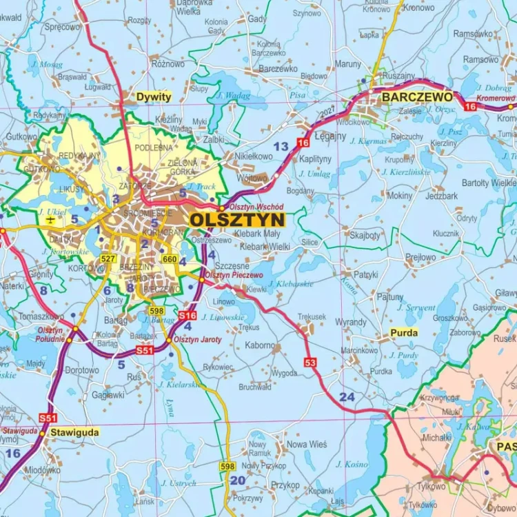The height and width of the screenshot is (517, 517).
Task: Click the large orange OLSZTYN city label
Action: [x=236, y=219]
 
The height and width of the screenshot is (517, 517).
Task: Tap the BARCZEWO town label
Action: [x=417, y=97]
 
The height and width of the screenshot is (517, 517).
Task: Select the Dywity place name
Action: [x=153, y=97]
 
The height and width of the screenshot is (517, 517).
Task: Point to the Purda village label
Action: [x=404, y=332]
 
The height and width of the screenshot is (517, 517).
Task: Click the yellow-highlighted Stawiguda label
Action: [x=74, y=433]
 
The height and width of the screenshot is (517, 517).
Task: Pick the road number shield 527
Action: [x=107, y=258]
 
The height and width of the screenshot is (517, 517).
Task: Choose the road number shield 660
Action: [x=170, y=258]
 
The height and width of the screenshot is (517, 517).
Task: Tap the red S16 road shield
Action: [x=187, y=315]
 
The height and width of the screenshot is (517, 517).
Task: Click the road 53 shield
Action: [x=310, y=363]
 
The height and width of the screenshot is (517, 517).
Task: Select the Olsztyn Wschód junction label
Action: [x=256, y=206]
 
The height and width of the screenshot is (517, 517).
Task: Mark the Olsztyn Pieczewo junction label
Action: [x=236, y=275]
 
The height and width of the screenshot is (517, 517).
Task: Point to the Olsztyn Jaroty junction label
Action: [x=198, y=340]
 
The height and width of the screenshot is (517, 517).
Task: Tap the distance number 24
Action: [x=347, y=397]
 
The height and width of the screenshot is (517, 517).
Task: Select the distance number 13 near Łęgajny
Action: [x=281, y=146]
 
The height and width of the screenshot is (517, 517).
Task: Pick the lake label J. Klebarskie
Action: [x=290, y=283]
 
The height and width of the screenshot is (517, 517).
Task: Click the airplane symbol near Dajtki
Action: [x=50, y=219]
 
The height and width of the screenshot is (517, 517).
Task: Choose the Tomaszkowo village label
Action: [x=41, y=316]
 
